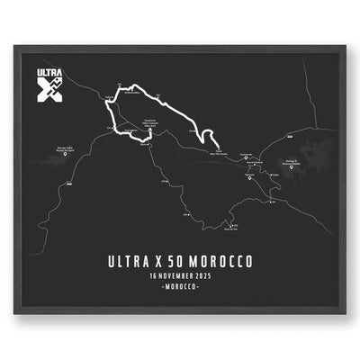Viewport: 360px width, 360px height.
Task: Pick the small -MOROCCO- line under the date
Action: tap(179, 288)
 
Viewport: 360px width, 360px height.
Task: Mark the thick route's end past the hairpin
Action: tap(219, 146)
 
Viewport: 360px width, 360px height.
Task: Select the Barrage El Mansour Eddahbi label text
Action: tap(301, 159)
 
